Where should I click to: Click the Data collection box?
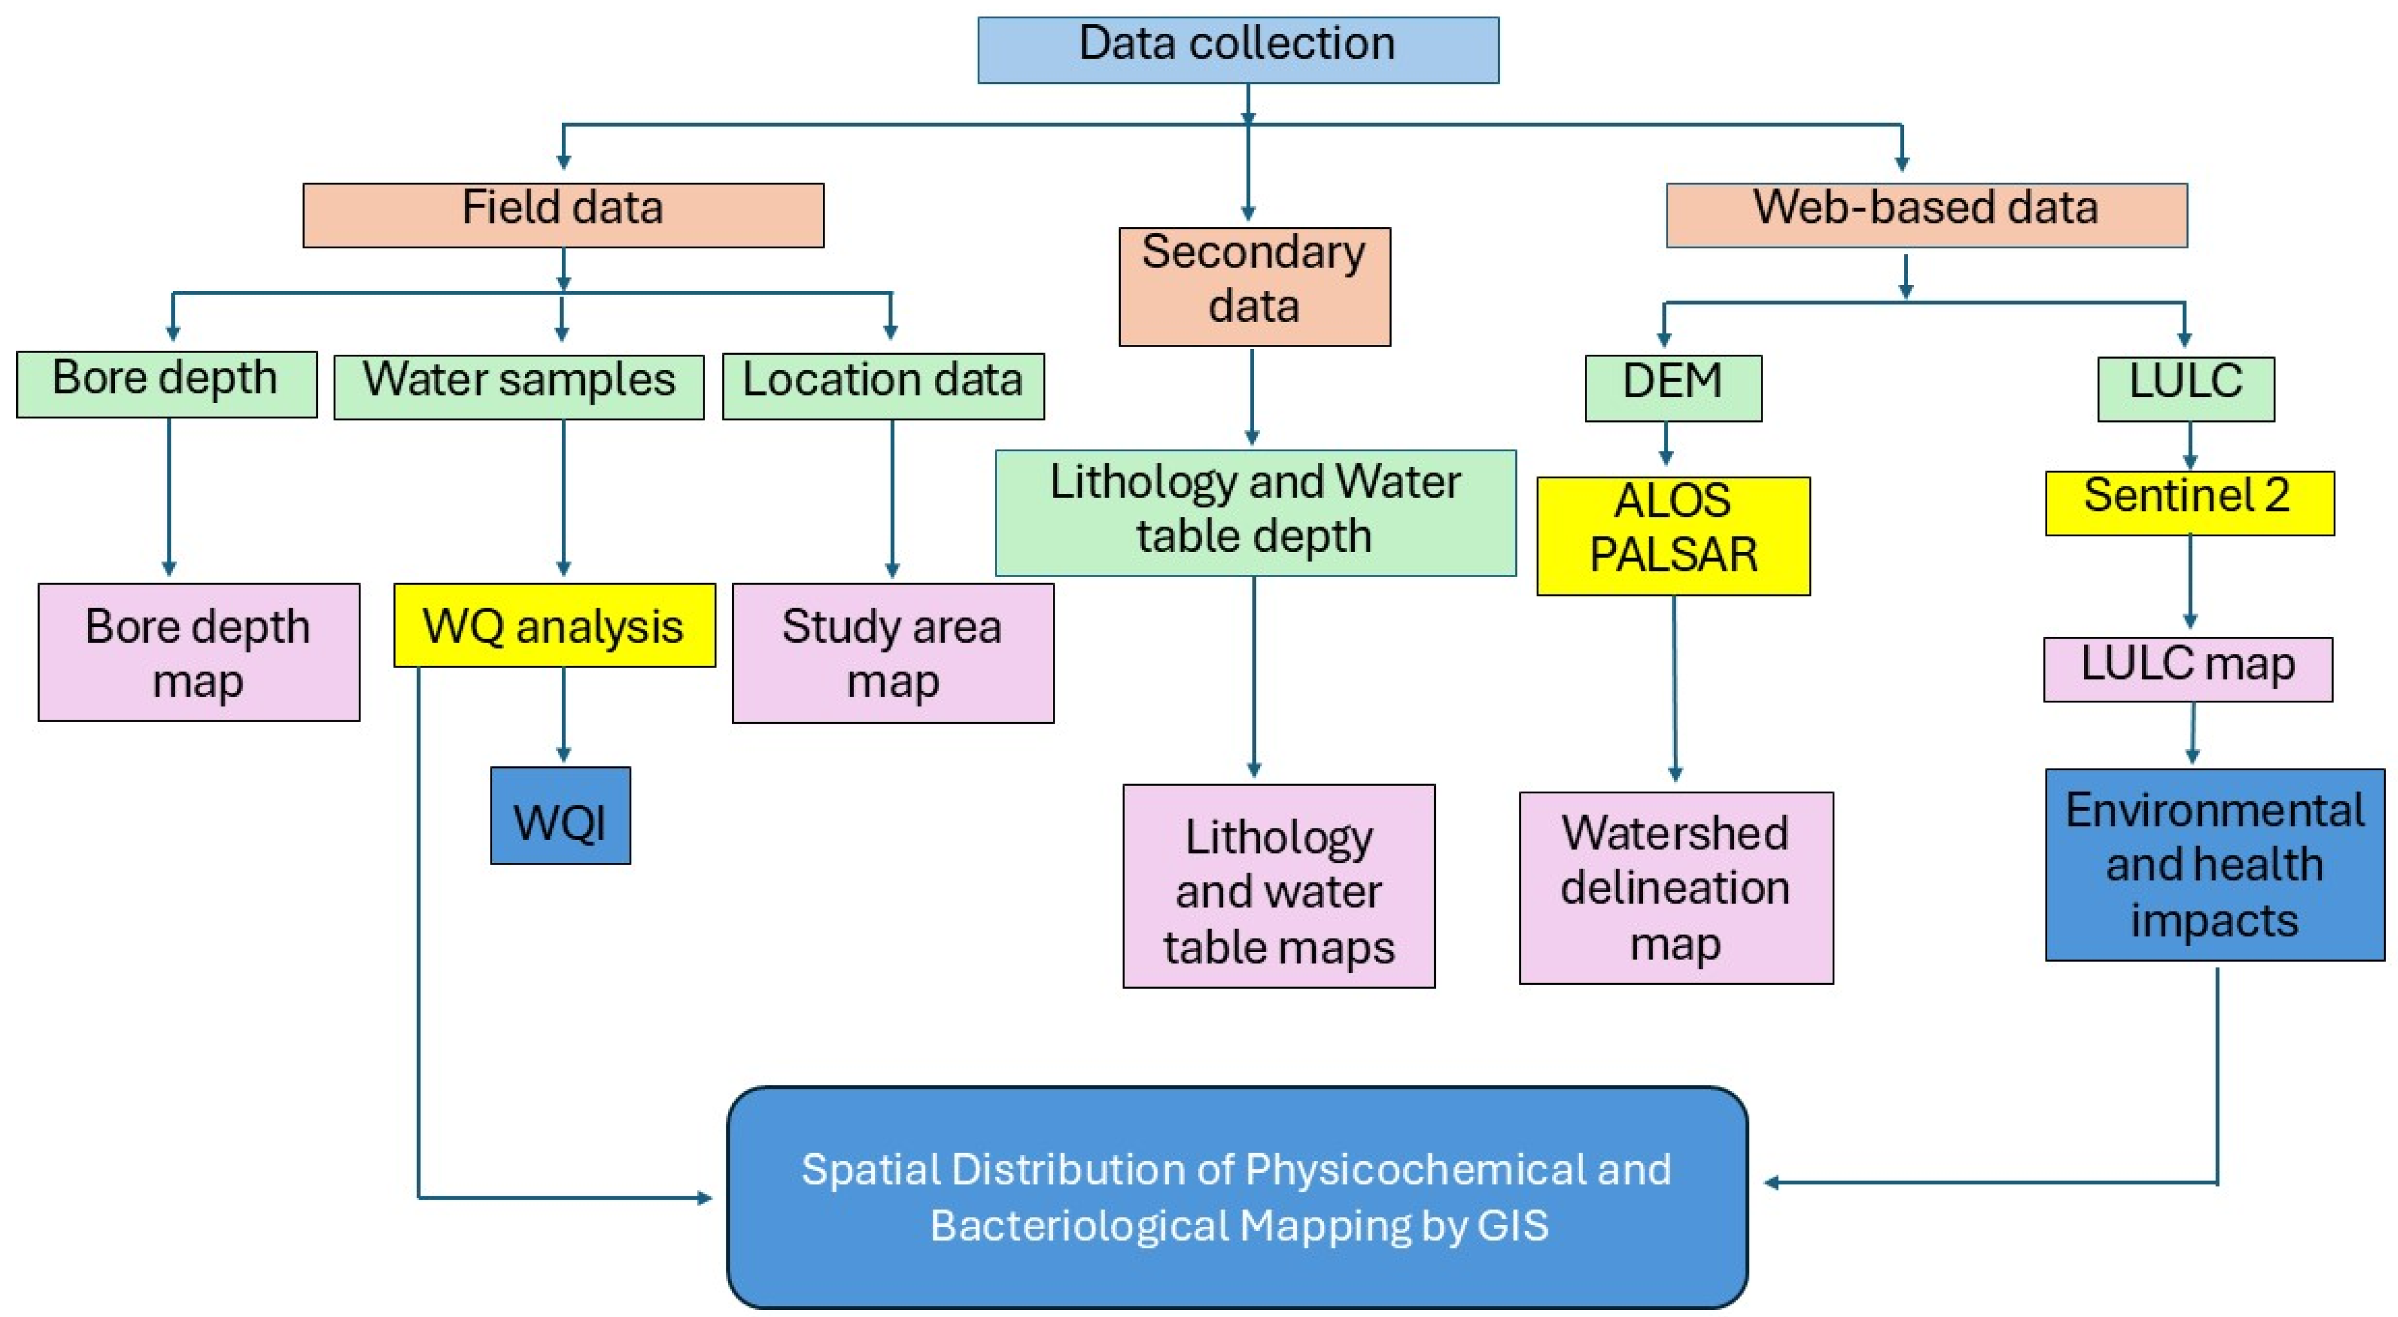[x=1237, y=50]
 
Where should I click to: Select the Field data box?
[x=562, y=215]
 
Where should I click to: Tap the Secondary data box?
[x=1254, y=287]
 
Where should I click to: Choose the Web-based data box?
[x=1925, y=215]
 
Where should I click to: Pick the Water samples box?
[x=519, y=386]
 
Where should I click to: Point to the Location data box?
[x=883, y=385]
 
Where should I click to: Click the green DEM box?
[x=1673, y=387]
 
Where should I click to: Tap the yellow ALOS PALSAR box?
[x=1673, y=535]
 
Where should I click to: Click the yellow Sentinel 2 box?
[x=2189, y=502]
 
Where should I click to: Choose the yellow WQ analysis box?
[x=554, y=624]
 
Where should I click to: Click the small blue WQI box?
[x=561, y=815]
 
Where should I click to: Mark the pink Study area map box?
[x=892, y=652]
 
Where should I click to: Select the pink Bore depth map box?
[x=198, y=651]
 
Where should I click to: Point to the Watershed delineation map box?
[x=1676, y=887]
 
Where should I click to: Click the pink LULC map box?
[x=2188, y=669]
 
